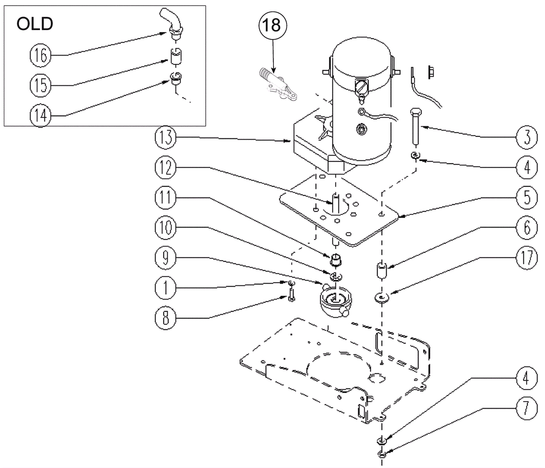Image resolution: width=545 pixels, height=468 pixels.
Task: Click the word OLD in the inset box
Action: tap(35, 24)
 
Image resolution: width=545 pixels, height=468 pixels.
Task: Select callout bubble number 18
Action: tap(273, 25)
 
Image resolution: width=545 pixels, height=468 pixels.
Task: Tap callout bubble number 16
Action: tap(41, 55)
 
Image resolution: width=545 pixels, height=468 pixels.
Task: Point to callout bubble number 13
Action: tap(166, 138)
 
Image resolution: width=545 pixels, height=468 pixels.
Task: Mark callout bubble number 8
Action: tap(166, 318)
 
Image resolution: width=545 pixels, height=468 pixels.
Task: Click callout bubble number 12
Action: tap(166, 168)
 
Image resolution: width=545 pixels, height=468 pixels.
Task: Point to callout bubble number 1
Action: tap(166, 288)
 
